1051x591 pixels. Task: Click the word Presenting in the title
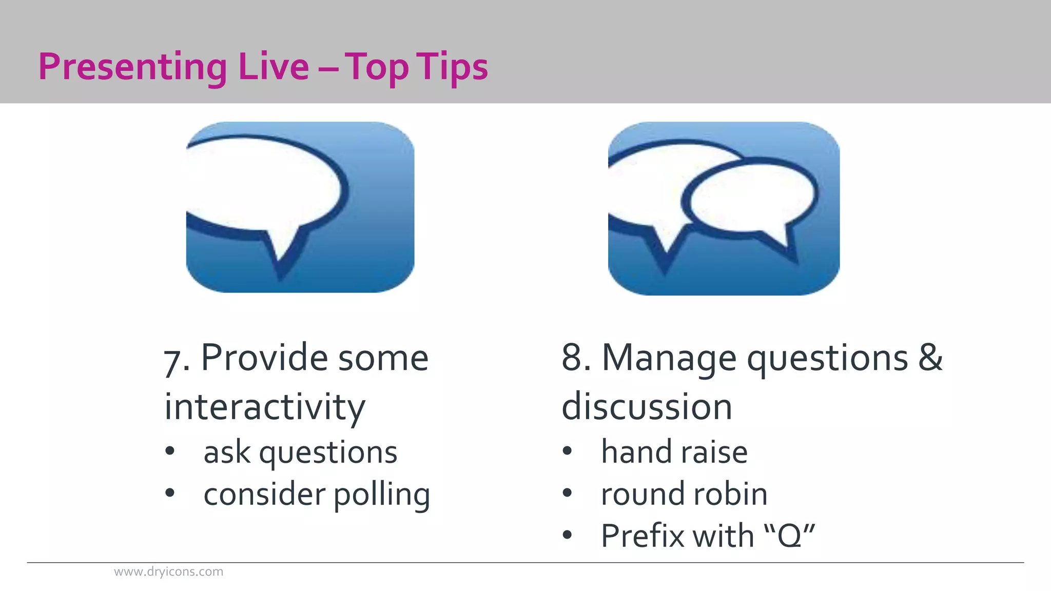click(132, 67)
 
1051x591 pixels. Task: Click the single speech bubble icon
click(300, 207)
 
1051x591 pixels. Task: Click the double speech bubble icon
click(724, 208)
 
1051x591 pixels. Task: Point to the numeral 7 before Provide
click(172, 361)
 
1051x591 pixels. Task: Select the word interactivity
click(265, 407)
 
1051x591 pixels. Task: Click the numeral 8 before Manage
click(572, 358)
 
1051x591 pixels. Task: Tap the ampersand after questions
click(930, 358)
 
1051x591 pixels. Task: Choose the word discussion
click(647, 407)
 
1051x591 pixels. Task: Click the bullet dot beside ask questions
click(170, 451)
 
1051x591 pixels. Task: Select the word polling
click(382, 495)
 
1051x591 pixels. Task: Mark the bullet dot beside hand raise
click(567, 451)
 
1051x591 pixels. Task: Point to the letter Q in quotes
click(789, 537)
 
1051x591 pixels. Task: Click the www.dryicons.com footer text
click(168, 572)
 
